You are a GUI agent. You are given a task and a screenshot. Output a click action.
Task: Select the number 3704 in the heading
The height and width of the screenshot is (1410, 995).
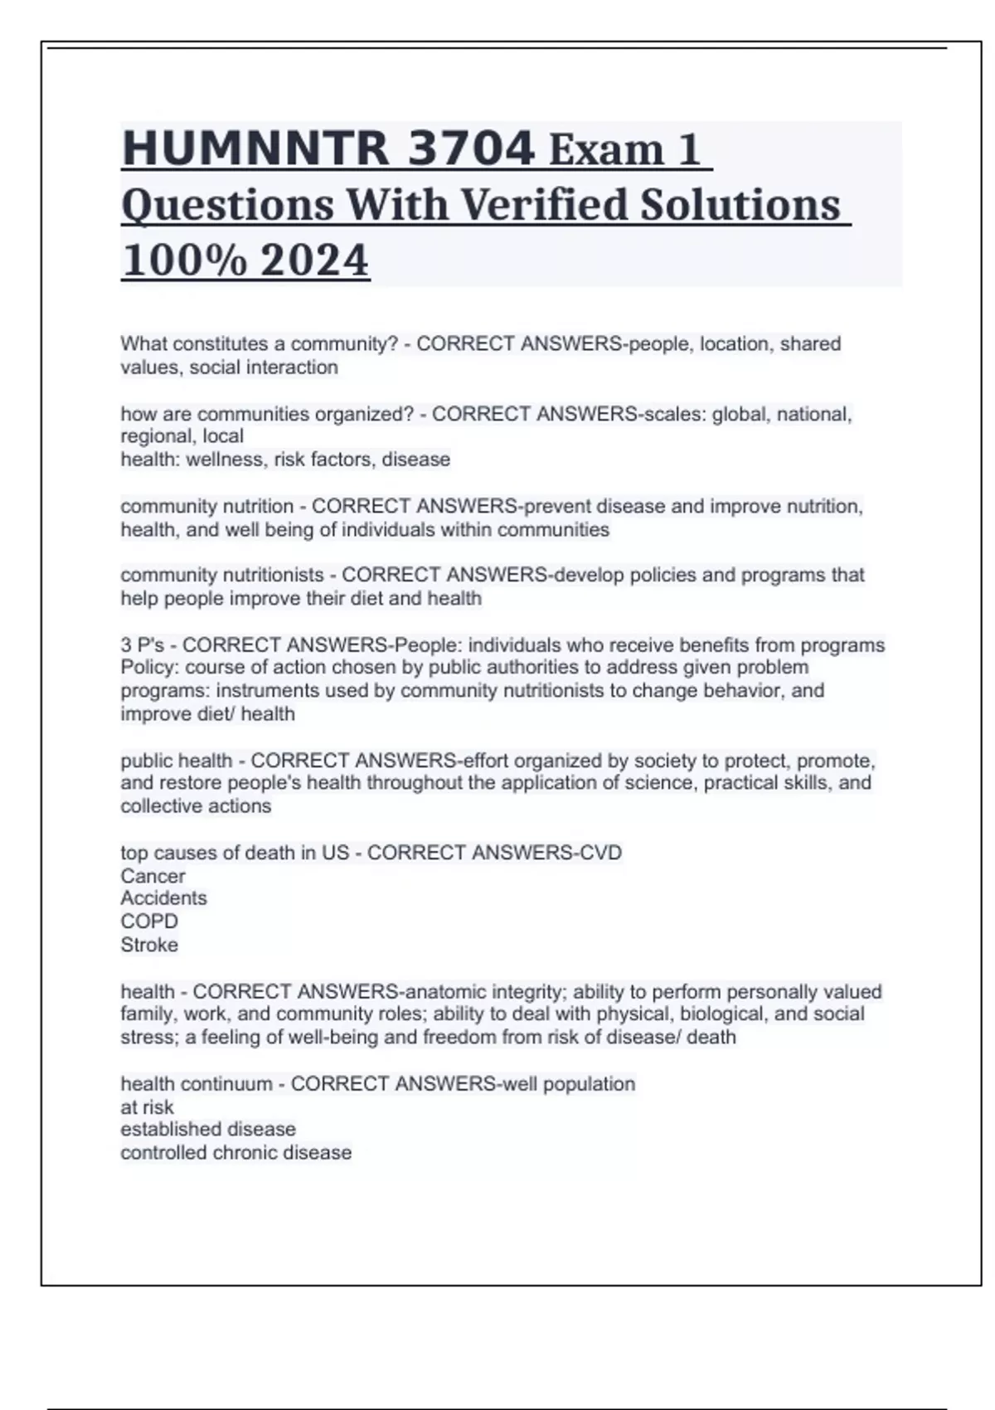click(472, 149)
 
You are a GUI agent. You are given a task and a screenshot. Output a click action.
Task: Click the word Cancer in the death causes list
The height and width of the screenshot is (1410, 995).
click(153, 876)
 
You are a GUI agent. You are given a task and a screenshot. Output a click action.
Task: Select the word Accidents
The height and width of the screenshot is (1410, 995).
click(163, 898)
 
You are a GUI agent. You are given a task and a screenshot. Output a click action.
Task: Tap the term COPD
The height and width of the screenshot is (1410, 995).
click(149, 921)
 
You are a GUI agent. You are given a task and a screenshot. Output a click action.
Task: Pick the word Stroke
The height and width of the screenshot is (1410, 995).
click(149, 945)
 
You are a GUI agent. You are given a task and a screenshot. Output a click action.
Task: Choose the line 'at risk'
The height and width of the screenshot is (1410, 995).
click(147, 1107)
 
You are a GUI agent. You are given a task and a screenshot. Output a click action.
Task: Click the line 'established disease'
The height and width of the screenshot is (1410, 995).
click(208, 1130)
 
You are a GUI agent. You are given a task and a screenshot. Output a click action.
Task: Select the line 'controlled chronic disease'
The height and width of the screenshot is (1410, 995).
click(236, 1153)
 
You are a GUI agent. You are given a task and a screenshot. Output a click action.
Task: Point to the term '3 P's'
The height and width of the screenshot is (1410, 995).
click(143, 645)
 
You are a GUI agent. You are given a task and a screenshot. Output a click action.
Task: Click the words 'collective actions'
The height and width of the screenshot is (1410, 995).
click(196, 806)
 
